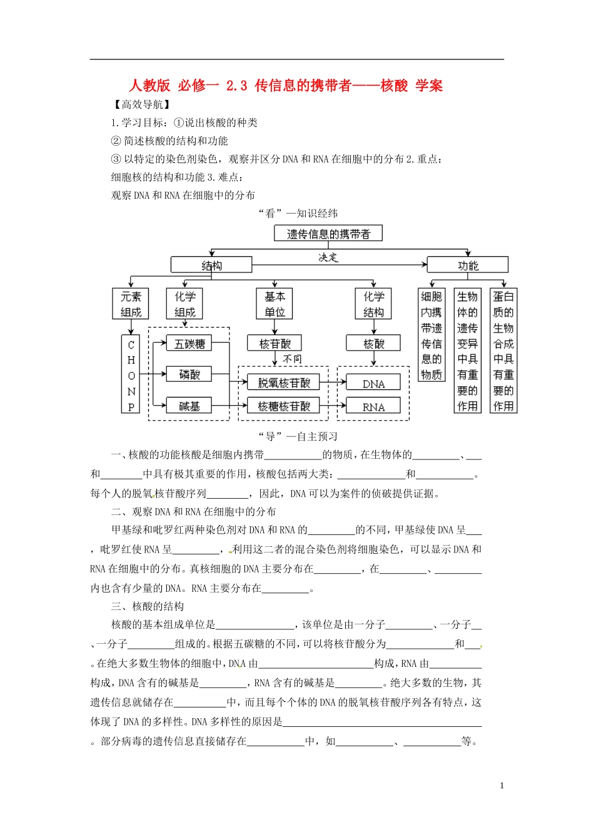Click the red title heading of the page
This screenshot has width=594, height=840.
tap(286, 86)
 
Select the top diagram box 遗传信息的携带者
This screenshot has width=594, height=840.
tap(328, 234)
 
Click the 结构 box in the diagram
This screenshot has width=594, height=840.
tap(211, 265)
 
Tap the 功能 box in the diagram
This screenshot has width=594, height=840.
tap(467, 265)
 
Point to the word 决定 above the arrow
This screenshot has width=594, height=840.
tap(328, 257)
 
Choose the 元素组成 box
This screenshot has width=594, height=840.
tap(131, 304)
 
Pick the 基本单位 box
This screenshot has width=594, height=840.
tap(274, 304)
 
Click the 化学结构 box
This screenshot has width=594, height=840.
tap(373, 304)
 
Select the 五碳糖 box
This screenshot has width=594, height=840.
tap(189, 344)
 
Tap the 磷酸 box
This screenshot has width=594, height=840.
tap(189, 374)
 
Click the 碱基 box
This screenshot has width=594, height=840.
tap(189, 406)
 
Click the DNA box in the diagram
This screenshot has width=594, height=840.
tap(373, 384)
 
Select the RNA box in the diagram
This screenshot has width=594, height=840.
tap(373, 407)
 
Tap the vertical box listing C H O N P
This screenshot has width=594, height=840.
tap(131, 374)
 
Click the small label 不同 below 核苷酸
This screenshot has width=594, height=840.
tap(292, 359)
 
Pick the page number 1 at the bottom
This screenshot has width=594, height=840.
tap(501, 786)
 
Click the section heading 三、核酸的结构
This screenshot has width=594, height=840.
tap(148, 606)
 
